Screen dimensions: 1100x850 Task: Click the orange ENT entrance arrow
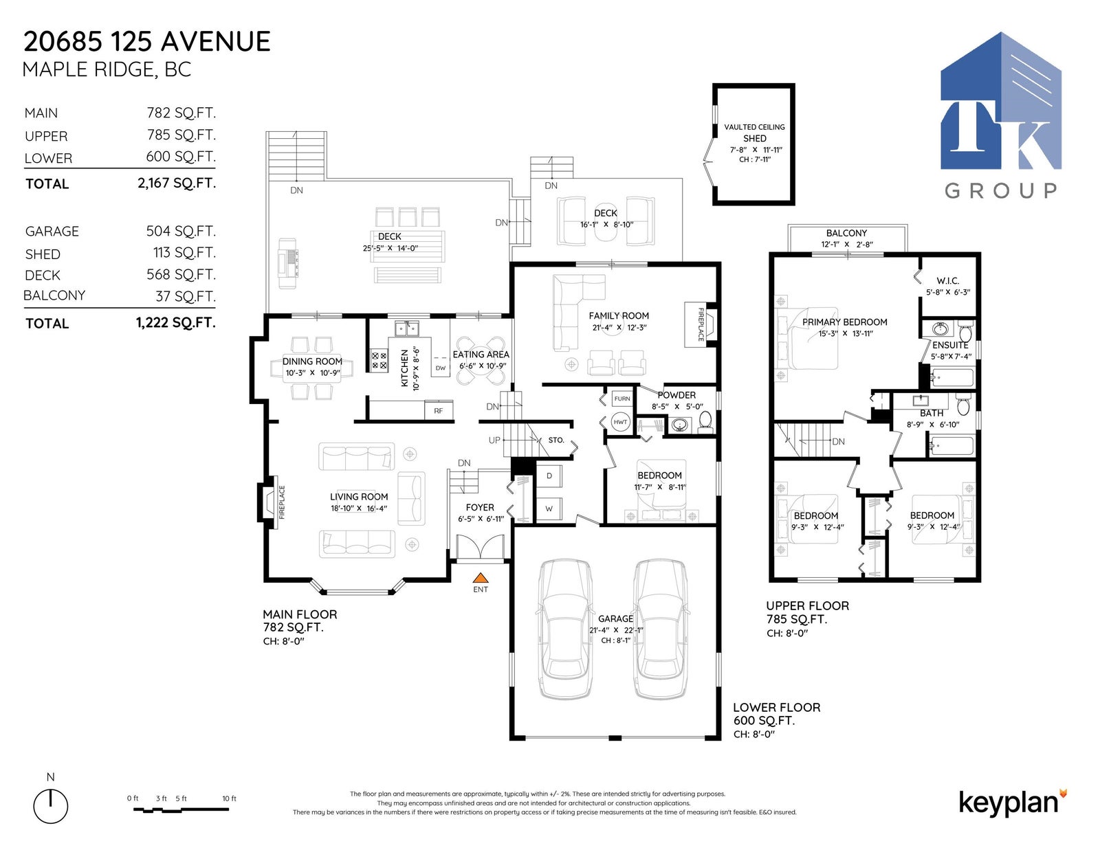[x=481, y=577]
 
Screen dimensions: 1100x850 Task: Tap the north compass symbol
[x=51, y=805]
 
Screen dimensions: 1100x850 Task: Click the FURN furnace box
[x=621, y=399]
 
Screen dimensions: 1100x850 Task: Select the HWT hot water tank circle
[x=620, y=422]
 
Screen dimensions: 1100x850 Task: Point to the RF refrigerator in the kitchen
[x=439, y=410]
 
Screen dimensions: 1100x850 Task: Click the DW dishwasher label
[x=441, y=368]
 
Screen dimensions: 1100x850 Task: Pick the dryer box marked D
[x=549, y=476]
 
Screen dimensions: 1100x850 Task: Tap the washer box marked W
[x=549, y=508]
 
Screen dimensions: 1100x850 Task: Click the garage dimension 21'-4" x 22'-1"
[x=616, y=630]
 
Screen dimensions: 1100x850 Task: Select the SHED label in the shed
[x=754, y=138]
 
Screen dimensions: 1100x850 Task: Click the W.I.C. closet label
[x=947, y=280]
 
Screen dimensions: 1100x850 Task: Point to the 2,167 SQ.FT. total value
[x=177, y=183]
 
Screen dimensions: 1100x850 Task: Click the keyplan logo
[x=1013, y=803]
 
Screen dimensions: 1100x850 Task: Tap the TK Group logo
[x=1001, y=114]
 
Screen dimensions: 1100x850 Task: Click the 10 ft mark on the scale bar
[x=229, y=798]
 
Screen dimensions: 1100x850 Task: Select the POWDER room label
[x=676, y=395]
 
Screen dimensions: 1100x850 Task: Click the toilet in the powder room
[x=705, y=422]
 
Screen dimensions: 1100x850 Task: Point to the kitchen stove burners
[x=379, y=360]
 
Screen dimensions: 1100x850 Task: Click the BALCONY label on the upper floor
[x=846, y=233]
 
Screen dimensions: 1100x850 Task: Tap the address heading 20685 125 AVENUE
[x=147, y=41]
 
